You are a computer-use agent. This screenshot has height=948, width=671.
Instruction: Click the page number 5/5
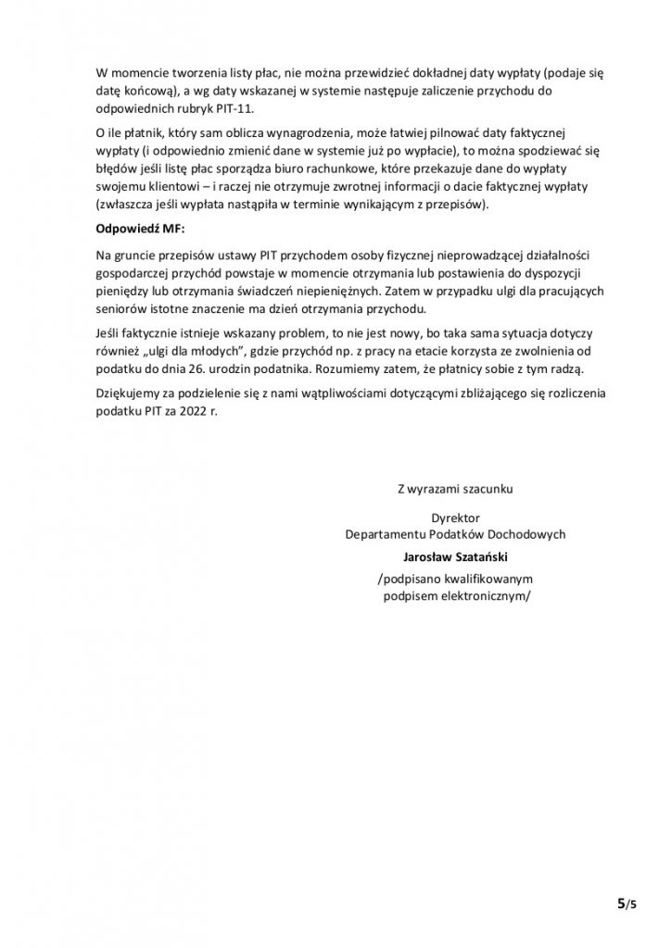(x=627, y=902)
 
